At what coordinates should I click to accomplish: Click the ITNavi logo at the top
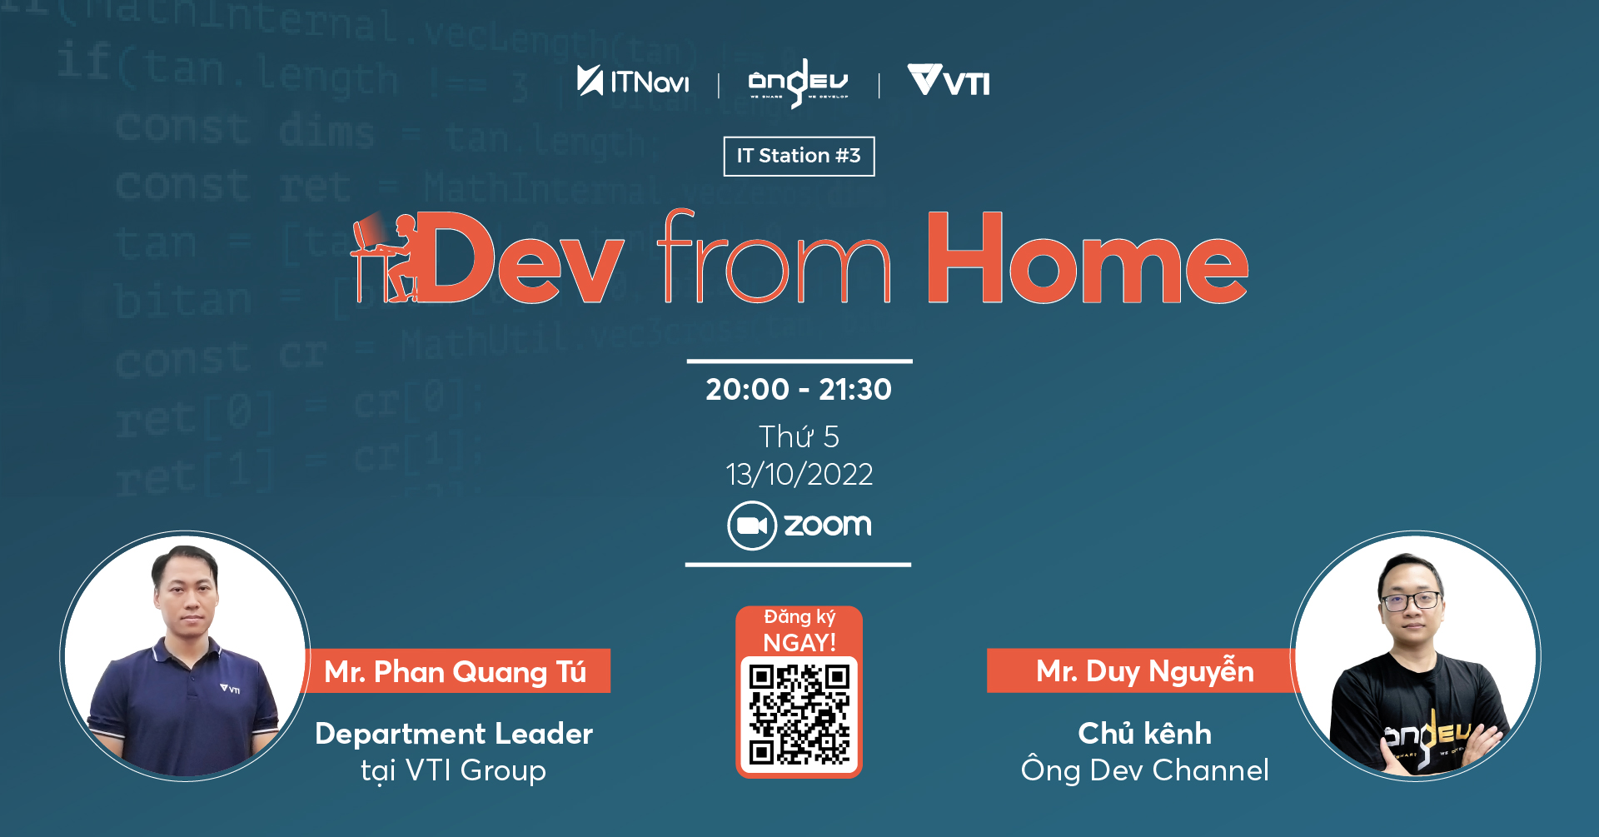coord(633,82)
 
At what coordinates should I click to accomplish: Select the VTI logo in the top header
coord(949,82)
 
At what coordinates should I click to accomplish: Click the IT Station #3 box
coord(799,156)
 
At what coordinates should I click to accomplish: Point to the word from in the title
coord(774,259)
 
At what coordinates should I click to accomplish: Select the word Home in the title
coord(1087,259)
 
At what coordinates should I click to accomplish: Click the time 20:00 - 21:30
coord(799,389)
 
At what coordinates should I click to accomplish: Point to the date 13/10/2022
coord(799,474)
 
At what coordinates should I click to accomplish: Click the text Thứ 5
coord(799,436)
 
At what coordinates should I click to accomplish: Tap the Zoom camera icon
coord(752,526)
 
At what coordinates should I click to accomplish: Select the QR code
coord(799,714)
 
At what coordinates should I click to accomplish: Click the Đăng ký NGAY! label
coord(799,630)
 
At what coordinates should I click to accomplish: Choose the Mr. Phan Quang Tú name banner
coord(456,671)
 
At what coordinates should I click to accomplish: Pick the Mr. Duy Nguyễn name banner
coord(1144,671)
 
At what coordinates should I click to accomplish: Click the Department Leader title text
coord(454,734)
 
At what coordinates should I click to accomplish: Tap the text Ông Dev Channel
coord(1144,770)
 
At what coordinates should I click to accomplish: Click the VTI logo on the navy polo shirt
coord(230,689)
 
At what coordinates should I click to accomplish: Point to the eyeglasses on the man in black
coord(1412,600)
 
